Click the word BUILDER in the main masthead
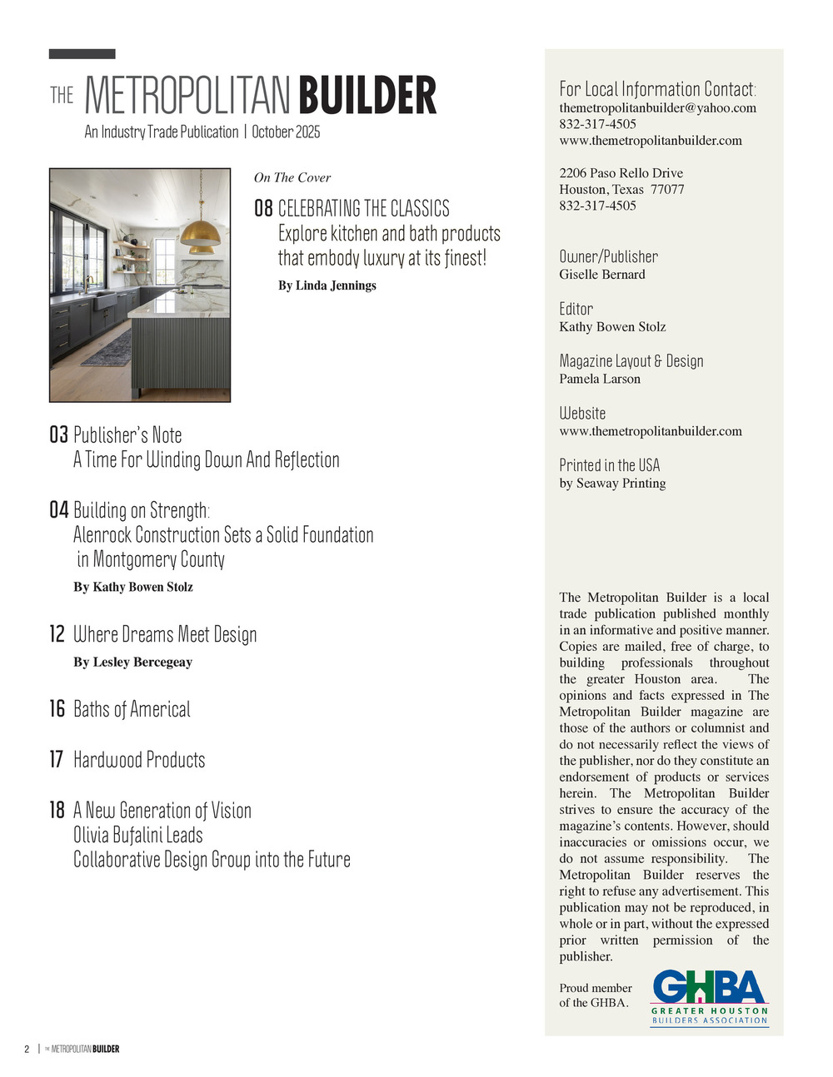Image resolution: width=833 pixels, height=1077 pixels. pos(367,96)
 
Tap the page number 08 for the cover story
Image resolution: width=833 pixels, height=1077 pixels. pos(263,208)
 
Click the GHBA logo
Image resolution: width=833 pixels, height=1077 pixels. pos(709,996)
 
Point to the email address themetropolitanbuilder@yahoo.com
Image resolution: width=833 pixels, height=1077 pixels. pos(657,108)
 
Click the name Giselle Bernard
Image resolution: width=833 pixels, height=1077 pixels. pos(601,275)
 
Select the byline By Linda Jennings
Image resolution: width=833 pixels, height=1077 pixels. pos(327,285)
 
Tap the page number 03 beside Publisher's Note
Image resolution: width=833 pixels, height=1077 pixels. pos(58,434)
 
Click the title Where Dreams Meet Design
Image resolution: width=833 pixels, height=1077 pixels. pos(165,634)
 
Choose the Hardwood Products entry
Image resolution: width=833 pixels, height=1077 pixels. pos(139,760)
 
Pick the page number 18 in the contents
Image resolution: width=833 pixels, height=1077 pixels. pos(57,810)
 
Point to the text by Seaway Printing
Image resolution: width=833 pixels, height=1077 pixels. pos(612,484)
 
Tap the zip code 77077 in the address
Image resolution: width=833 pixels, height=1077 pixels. pos(667,190)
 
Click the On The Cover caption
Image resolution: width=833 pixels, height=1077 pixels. pos(292,177)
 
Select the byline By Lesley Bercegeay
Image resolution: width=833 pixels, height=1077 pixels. pos(132,663)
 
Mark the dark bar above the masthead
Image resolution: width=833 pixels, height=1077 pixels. pos(82,54)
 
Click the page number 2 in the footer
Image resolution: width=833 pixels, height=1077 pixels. pos(27,1049)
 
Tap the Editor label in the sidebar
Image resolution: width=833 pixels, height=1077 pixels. pos(576,309)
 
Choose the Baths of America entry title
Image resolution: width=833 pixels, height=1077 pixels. pos(132,709)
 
